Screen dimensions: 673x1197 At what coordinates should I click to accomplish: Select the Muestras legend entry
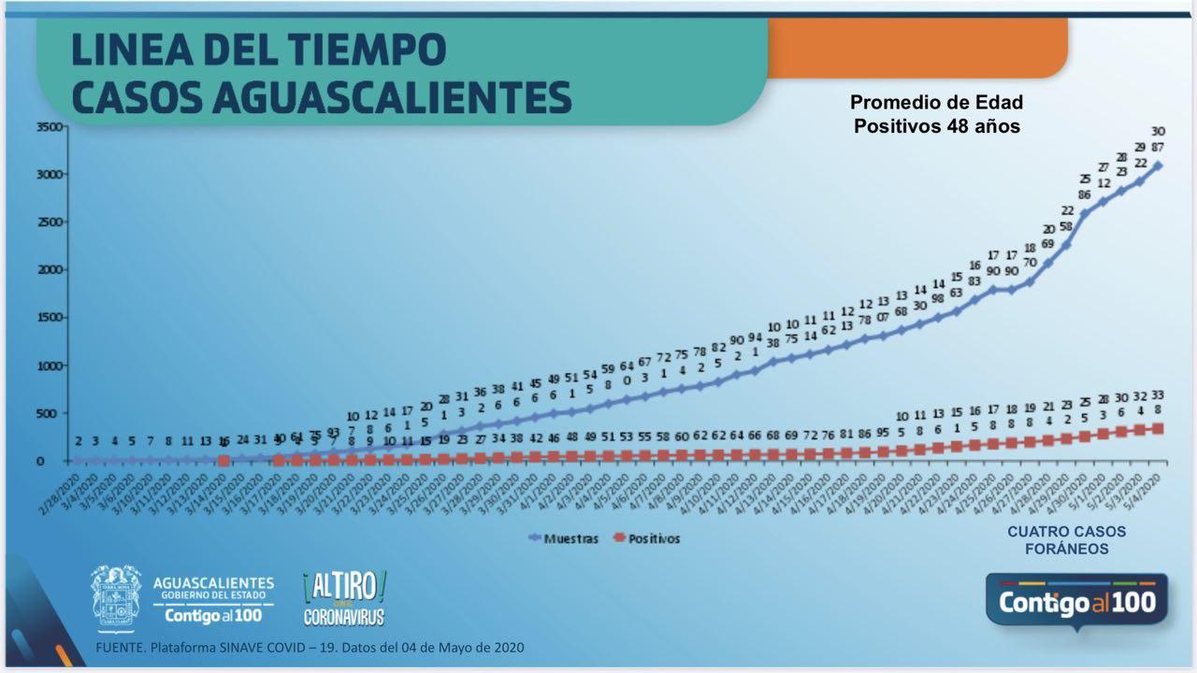(564, 538)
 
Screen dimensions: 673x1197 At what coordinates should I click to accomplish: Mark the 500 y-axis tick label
(53, 413)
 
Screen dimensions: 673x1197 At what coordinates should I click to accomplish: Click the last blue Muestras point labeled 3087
(1158, 165)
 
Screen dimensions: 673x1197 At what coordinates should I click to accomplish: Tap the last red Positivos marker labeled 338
(1158, 428)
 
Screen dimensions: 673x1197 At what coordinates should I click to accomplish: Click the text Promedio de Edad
(936, 103)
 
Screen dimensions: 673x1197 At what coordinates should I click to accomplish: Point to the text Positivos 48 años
(936, 125)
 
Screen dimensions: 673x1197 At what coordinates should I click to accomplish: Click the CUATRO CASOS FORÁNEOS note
(1066, 540)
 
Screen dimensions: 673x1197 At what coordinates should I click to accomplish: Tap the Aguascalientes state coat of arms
(116, 595)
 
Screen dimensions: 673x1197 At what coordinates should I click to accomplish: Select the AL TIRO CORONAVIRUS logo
(344, 598)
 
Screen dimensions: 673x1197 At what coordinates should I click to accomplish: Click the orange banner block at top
(916, 47)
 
